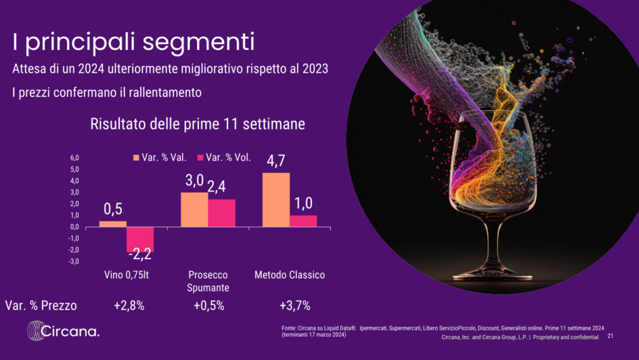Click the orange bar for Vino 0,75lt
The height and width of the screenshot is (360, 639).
pyautogui.click(x=112, y=223)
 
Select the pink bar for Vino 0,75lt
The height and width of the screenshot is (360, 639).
pyautogui.click(x=140, y=240)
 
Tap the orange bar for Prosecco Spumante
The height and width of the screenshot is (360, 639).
pyautogui.click(x=194, y=209)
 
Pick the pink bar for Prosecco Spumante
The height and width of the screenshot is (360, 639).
pyautogui.click(x=221, y=213)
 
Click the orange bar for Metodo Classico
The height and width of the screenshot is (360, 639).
pyautogui.click(x=276, y=200)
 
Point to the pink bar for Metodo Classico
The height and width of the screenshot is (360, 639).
pyautogui.click(x=303, y=221)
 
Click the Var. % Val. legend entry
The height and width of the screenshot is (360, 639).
pyautogui.click(x=159, y=158)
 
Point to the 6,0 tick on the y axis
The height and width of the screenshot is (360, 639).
pyautogui.click(x=75, y=158)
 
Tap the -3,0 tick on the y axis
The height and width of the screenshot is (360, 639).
pyautogui.click(x=74, y=261)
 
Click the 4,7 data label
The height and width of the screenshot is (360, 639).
pyautogui.click(x=276, y=161)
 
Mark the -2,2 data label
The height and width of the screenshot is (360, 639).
pyautogui.click(x=140, y=255)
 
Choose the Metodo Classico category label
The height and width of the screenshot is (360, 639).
pyautogui.click(x=289, y=275)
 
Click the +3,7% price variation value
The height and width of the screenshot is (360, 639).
pyautogui.click(x=295, y=305)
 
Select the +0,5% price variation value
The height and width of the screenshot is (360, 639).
pyautogui.click(x=209, y=305)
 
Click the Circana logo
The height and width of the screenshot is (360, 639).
pyautogui.click(x=63, y=331)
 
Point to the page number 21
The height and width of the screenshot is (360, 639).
pyautogui.click(x=610, y=336)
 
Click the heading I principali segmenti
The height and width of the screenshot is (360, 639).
pyautogui.click(x=134, y=42)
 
